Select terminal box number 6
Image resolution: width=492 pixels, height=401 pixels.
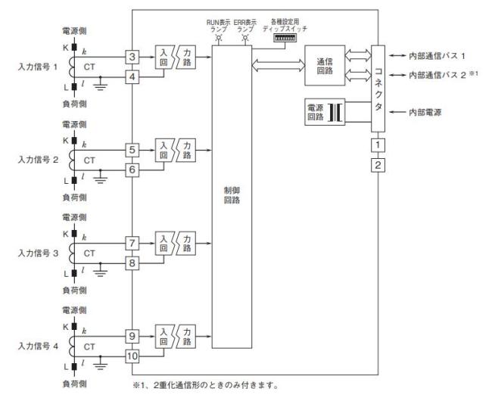[x=132, y=171]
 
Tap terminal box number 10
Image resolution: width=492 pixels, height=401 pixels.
[x=132, y=356]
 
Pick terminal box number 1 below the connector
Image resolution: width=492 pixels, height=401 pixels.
[x=378, y=144]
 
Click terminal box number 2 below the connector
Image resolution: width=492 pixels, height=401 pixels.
[x=378, y=163]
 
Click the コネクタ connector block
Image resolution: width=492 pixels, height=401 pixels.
[x=378, y=87]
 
